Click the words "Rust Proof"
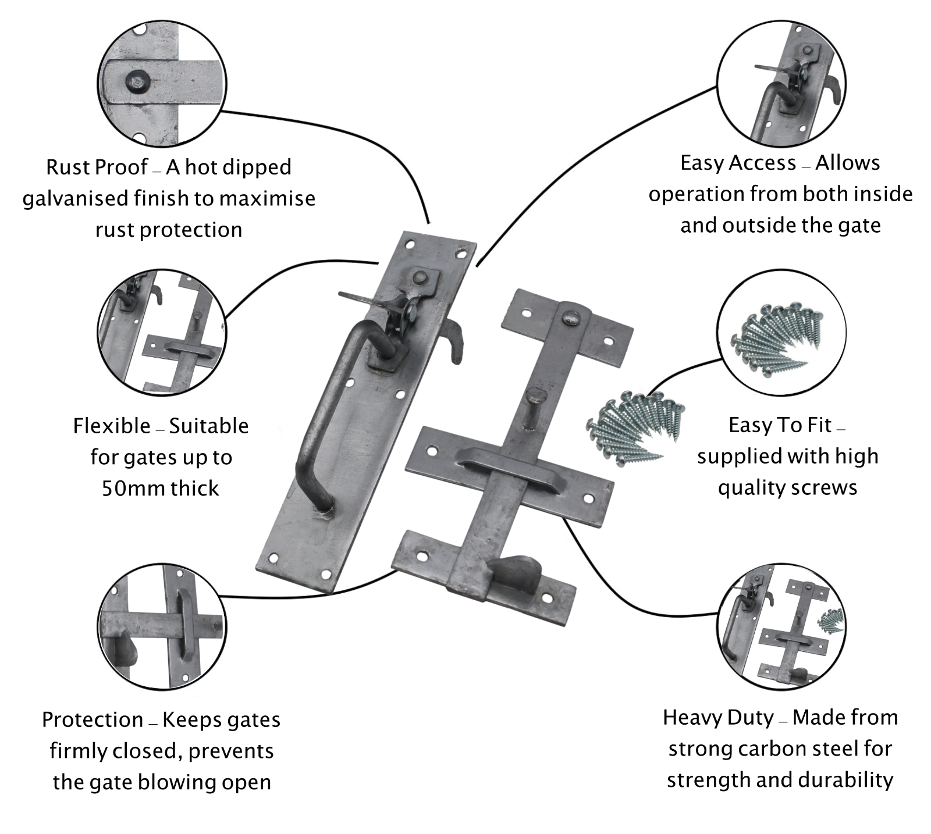point(97,167)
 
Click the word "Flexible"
point(112,426)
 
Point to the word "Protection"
point(93,720)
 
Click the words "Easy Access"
point(738,163)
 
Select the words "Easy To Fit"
point(780,425)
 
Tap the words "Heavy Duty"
point(718,718)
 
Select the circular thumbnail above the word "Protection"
point(162,626)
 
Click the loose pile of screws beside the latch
point(634,427)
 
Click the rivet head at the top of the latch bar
point(570,318)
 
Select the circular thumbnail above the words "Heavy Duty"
point(781,626)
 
